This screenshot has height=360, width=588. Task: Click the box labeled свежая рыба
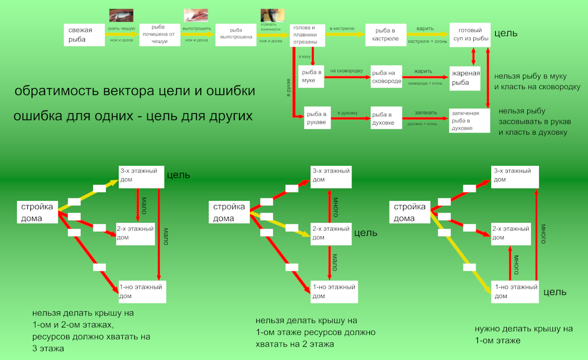(x=84, y=35)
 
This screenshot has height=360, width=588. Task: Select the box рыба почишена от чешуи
(x=159, y=35)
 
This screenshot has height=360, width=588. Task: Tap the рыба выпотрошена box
(x=235, y=35)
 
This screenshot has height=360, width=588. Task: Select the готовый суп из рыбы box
(x=470, y=35)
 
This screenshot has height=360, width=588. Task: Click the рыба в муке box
(x=311, y=77)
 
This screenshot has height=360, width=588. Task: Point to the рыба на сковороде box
(x=386, y=77)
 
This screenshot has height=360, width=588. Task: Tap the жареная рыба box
(x=465, y=78)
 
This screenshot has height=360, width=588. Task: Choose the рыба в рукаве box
(x=317, y=118)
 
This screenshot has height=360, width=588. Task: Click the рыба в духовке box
(x=386, y=118)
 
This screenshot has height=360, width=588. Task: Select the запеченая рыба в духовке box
(x=469, y=121)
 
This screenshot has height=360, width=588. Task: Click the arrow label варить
(x=425, y=28)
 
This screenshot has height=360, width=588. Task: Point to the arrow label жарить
(x=423, y=71)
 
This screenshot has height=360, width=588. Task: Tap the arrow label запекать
(x=426, y=112)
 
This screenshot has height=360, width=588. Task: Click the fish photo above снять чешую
(x=121, y=15)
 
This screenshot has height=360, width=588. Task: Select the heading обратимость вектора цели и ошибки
(x=135, y=91)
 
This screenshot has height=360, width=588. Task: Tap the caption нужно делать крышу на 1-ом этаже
(x=524, y=334)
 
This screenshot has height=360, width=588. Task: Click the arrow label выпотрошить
(x=197, y=28)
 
